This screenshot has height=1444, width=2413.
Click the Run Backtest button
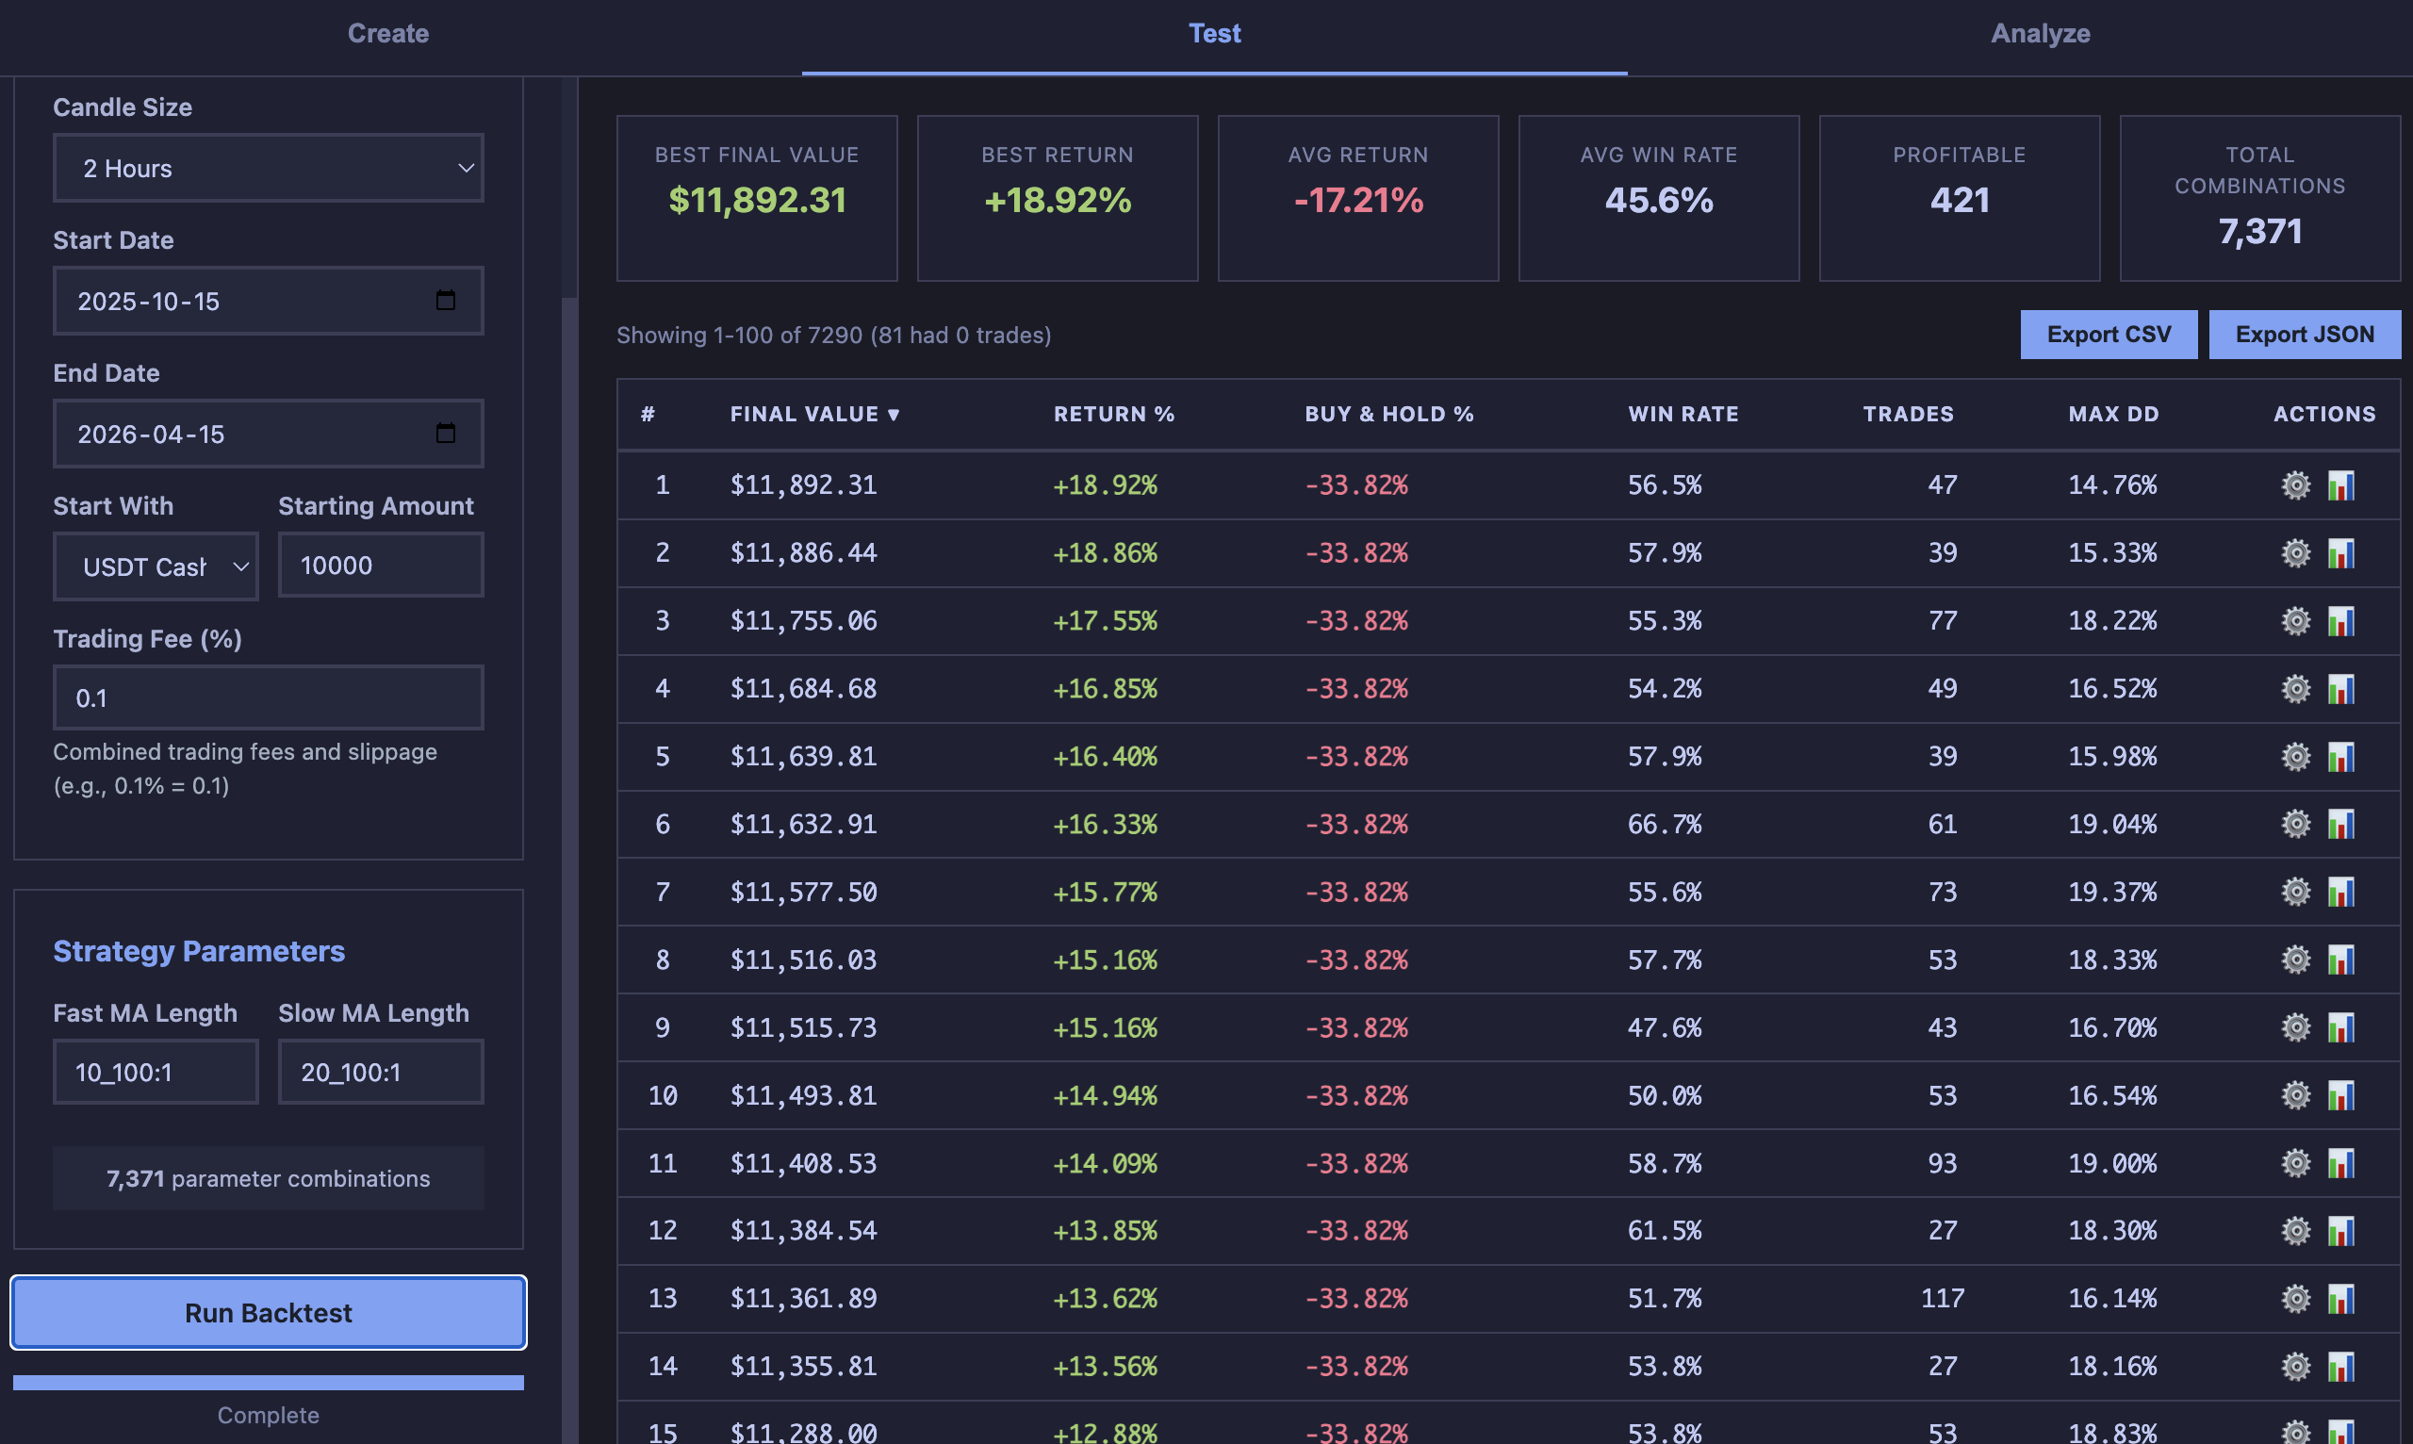point(269,1313)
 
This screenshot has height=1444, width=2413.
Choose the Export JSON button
point(2304,335)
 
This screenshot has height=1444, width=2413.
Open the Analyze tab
point(2041,34)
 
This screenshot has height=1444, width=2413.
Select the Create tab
point(388,34)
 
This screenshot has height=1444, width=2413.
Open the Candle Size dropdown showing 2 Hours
point(269,169)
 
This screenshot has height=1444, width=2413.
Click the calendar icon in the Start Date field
point(446,301)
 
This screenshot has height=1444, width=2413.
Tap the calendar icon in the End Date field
point(446,434)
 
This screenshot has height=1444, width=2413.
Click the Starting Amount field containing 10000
point(381,566)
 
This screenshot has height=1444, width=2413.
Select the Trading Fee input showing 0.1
point(269,697)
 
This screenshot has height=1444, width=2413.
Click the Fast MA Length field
point(156,1073)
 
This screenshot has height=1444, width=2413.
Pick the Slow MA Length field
point(381,1073)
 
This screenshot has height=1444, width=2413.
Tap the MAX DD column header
point(2113,415)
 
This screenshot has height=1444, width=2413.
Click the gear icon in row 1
point(2295,484)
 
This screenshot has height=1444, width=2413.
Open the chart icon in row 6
point(2341,824)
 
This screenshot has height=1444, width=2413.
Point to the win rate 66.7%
point(1664,824)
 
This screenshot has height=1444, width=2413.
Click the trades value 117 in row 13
point(1942,1298)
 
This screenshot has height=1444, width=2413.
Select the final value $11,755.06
point(804,621)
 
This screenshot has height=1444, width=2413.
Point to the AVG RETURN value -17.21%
point(1358,201)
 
